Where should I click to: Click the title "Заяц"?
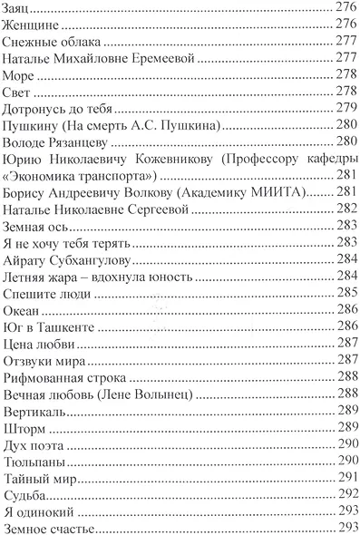pyautogui.click(x=18, y=7)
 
